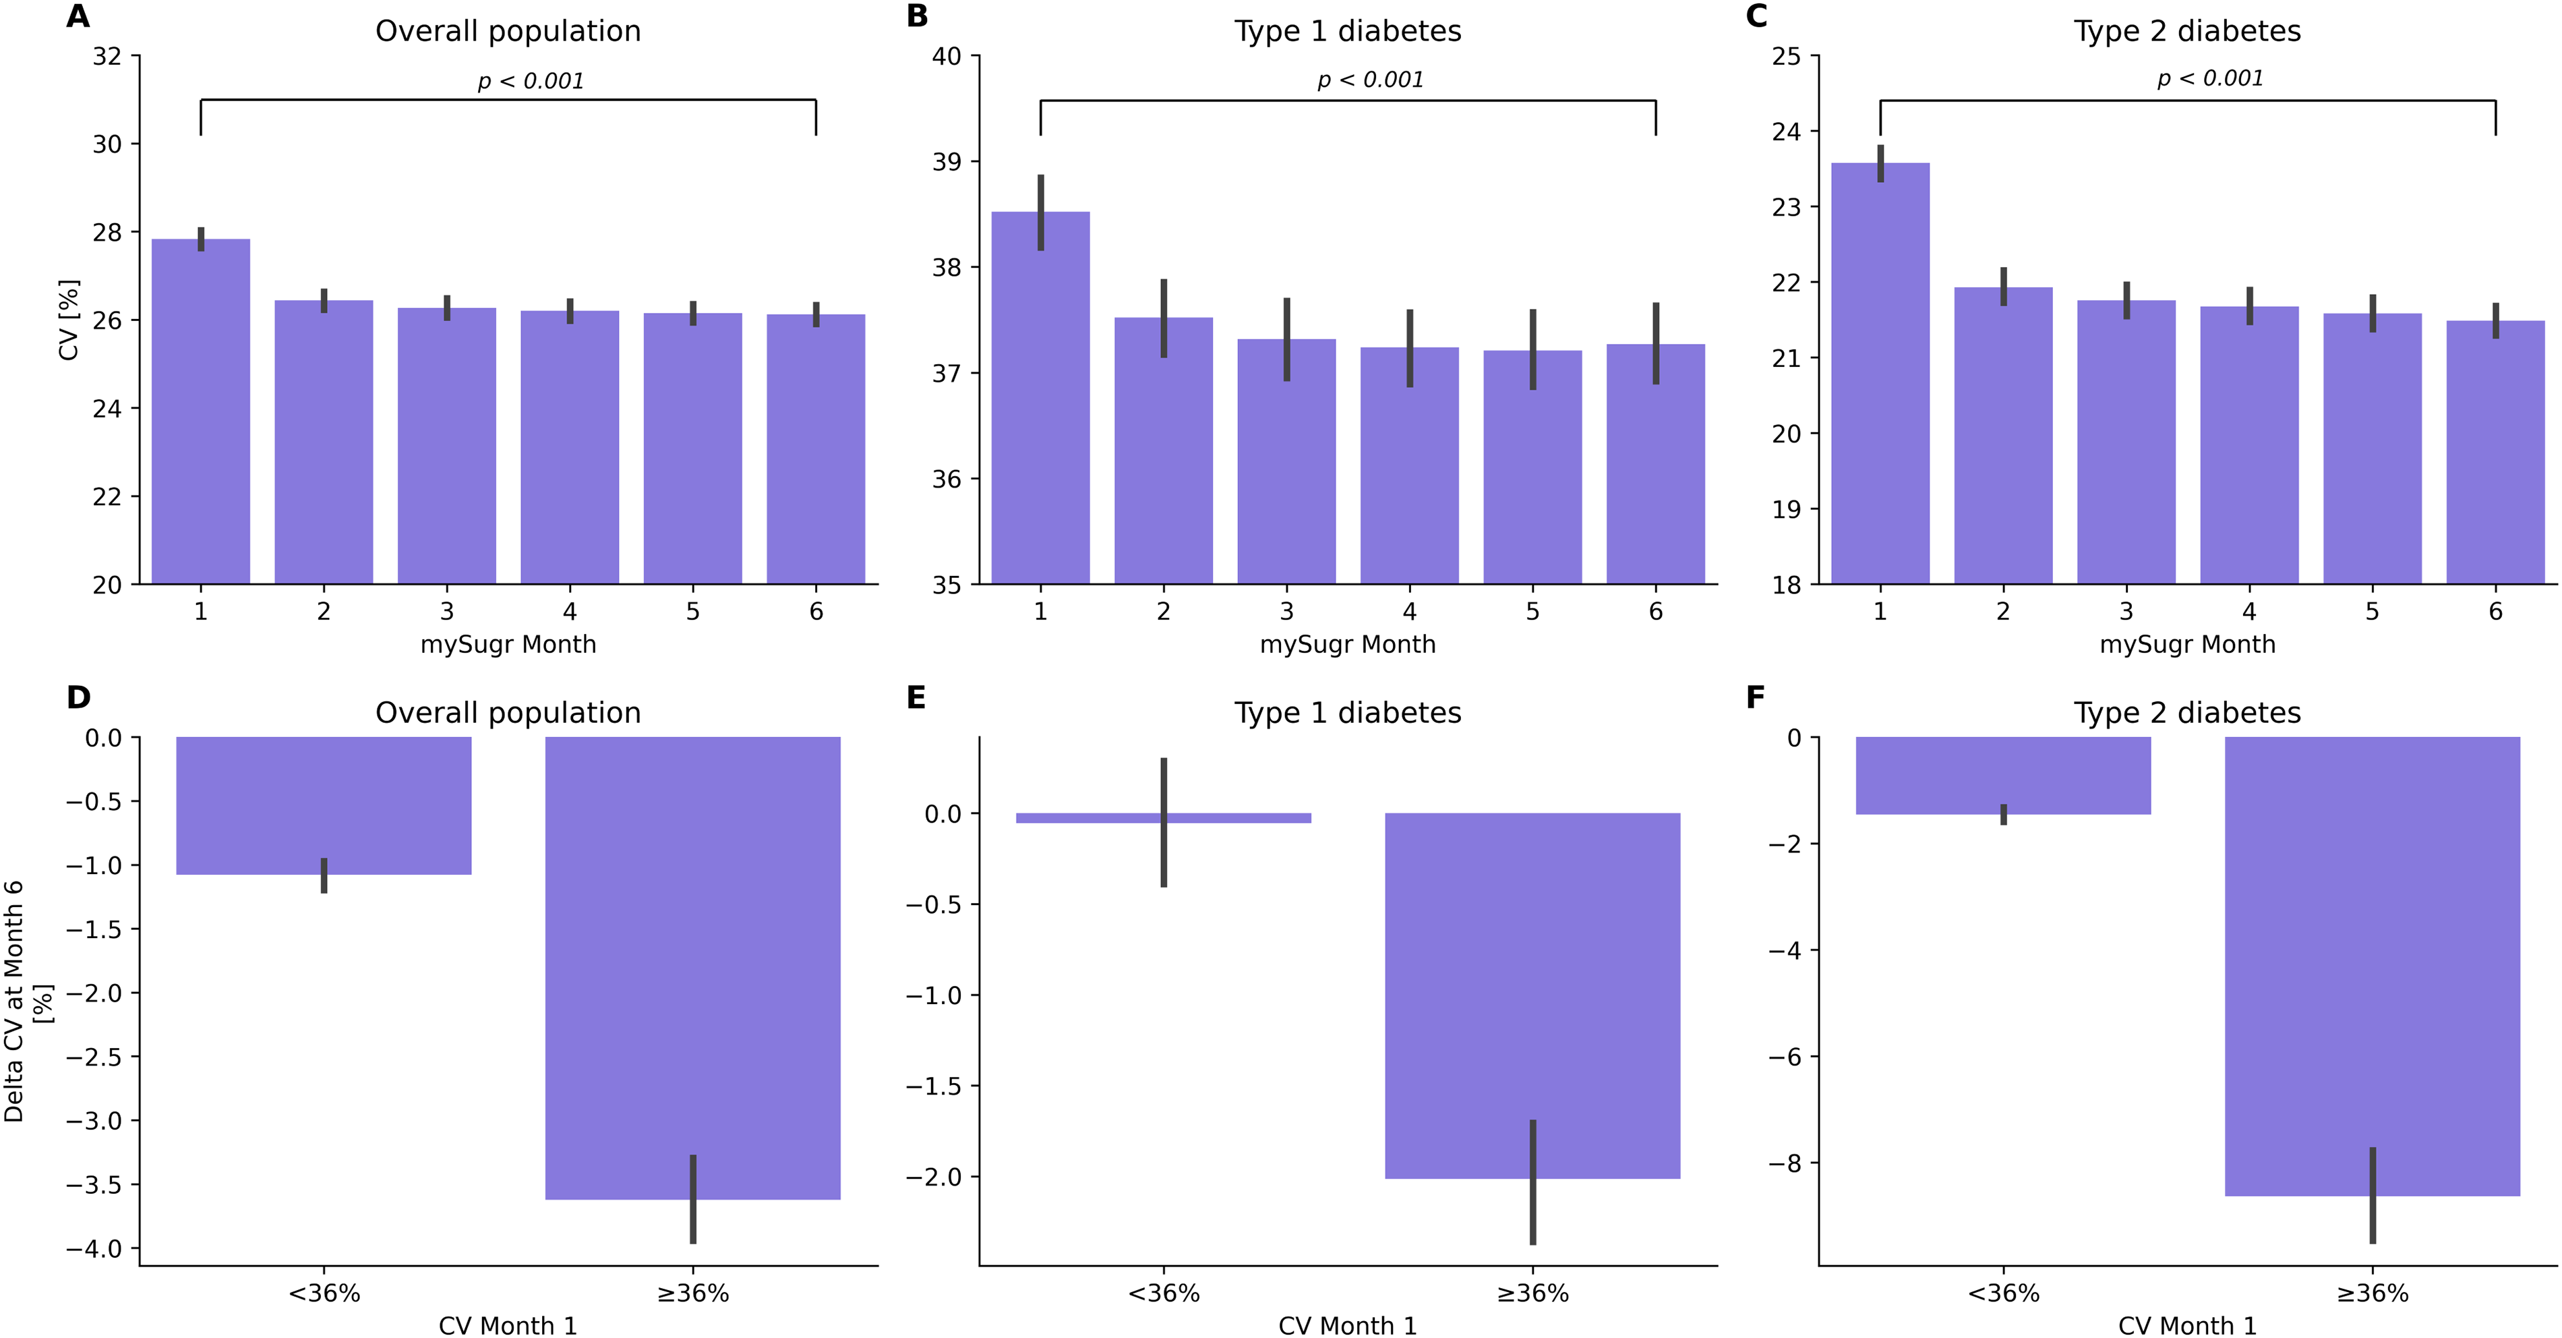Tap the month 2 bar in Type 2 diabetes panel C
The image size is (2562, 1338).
[x=2003, y=436]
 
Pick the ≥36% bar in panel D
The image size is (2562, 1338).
[x=693, y=968]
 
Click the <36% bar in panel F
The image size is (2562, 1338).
[x=2003, y=776]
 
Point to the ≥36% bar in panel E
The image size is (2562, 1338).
[x=1532, y=996]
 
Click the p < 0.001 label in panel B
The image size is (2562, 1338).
[x=1371, y=80]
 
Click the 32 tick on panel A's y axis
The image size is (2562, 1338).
[x=107, y=57]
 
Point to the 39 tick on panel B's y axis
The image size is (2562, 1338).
[x=947, y=162]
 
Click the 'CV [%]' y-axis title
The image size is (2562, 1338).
[x=69, y=320]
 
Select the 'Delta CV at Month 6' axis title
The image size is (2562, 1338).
[x=14, y=1001]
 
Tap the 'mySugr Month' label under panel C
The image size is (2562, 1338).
[x=2187, y=645]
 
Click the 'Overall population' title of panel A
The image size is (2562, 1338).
[x=508, y=31]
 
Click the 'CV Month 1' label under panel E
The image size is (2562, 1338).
[x=1348, y=1325]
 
